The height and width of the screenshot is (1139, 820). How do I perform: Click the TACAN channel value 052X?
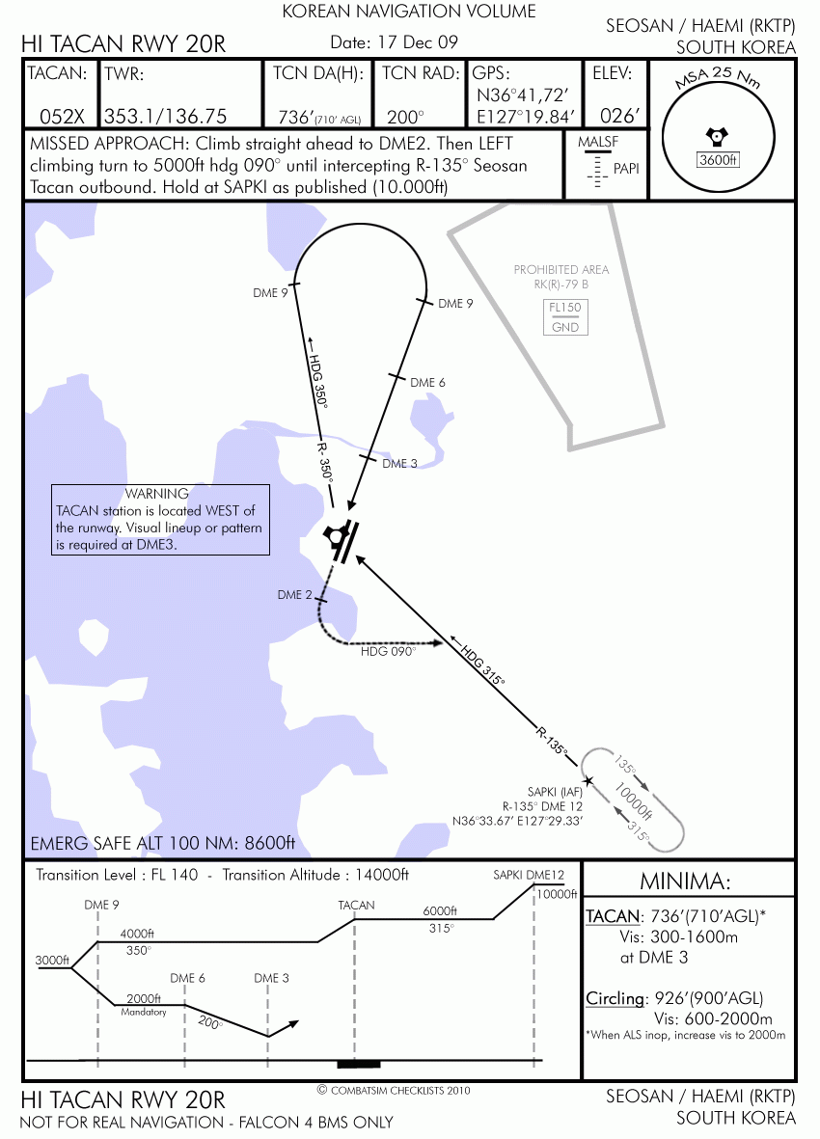pyautogui.click(x=62, y=117)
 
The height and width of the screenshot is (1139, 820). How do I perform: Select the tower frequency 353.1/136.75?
pyautogui.click(x=166, y=117)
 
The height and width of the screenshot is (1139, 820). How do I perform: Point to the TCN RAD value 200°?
pyautogui.click(x=405, y=117)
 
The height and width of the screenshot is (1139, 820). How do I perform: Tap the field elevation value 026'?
pyautogui.click(x=619, y=116)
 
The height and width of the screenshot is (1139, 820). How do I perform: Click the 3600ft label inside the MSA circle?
pyautogui.click(x=718, y=160)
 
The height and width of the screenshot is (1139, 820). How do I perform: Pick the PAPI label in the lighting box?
pyautogui.click(x=626, y=169)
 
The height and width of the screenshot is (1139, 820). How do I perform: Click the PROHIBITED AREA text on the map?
pyautogui.click(x=561, y=269)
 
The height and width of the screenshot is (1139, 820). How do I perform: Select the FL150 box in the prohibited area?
pyautogui.click(x=565, y=308)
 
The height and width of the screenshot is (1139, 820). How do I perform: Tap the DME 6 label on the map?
pyautogui.click(x=427, y=382)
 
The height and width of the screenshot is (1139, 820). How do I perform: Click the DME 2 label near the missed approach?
pyautogui.click(x=295, y=595)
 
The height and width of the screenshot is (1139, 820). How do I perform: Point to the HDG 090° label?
pyautogui.click(x=389, y=652)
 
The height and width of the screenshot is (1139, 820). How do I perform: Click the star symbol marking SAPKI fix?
pyautogui.click(x=588, y=781)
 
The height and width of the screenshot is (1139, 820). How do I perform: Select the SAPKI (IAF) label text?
pyautogui.click(x=555, y=792)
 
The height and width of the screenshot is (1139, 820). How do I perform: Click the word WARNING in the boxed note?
pyautogui.click(x=157, y=494)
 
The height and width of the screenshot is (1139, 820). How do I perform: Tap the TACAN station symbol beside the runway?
pyautogui.click(x=335, y=536)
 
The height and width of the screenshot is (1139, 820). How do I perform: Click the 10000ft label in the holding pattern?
pyautogui.click(x=634, y=800)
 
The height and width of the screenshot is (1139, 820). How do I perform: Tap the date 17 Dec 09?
pyautogui.click(x=418, y=42)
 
